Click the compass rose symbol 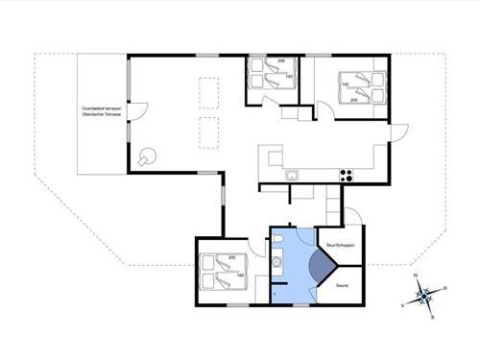pos(426,295)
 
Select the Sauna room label pos(340,284)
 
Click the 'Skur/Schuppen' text pos(341,246)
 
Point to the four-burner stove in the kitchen pos(347,175)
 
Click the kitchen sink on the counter pos(293,175)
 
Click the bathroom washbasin pos(276,262)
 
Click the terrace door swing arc pos(137,110)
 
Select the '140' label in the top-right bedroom pos(344,84)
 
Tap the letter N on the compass pos(415,276)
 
